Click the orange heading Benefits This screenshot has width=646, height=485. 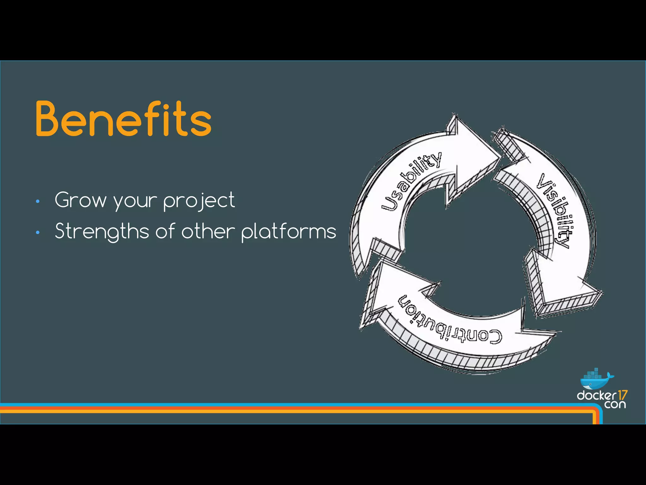(x=123, y=119)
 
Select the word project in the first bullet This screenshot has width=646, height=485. (x=199, y=201)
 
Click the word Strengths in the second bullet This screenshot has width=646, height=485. (x=102, y=231)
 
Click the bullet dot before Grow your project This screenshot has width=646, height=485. (x=38, y=201)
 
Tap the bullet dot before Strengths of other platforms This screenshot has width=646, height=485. (x=38, y=233)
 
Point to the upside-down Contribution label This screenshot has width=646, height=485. (x=449, y=320)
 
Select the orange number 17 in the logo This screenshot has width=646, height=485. (x=622, y=395)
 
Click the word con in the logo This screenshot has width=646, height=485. (x=615, y=404)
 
